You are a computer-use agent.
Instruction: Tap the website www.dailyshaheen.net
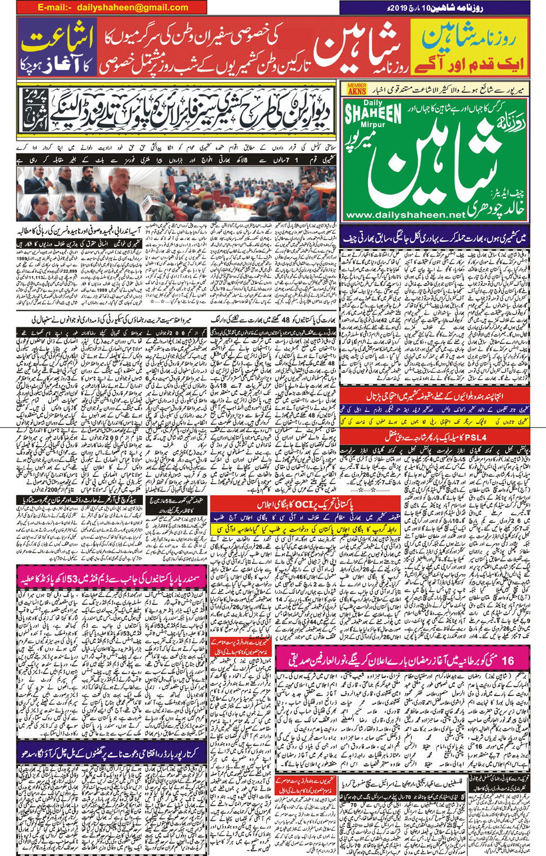pyautogui.click(x=405, y=215)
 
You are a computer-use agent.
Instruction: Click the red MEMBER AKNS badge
pyautogui.click(x=357, y=89)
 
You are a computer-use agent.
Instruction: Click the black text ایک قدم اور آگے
pyautogui.click(x=469, y=63)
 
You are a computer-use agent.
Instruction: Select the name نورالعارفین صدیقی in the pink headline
pyautogui.click(x=319, y=660)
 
